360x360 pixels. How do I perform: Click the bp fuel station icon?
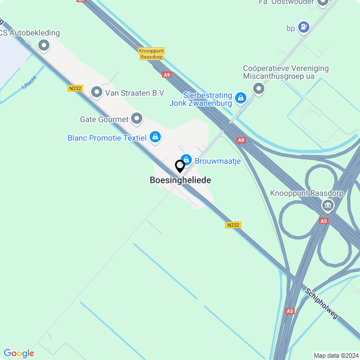304,26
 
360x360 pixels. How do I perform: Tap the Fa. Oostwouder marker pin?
323,2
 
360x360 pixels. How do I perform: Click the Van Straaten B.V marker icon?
97,92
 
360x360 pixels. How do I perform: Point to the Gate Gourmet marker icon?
136,119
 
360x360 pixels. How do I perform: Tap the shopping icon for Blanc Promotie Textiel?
155,137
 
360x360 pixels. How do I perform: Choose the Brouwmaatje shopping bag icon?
186,160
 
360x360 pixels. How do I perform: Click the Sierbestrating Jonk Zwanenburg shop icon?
240,98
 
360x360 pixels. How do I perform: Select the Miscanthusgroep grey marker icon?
259,88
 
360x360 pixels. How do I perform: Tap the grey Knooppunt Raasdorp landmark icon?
327,206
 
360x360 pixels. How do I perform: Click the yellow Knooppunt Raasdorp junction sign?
151,53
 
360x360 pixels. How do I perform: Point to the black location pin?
180,166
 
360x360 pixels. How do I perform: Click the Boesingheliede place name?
180,181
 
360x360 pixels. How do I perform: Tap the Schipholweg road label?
322,304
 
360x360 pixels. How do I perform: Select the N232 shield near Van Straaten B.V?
74,88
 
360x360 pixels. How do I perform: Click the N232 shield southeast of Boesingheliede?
233,225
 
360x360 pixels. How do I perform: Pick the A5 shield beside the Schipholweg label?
290,310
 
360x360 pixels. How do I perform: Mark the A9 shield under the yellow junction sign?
166,74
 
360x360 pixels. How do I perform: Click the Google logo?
19,353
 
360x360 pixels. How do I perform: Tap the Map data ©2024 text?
335,355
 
